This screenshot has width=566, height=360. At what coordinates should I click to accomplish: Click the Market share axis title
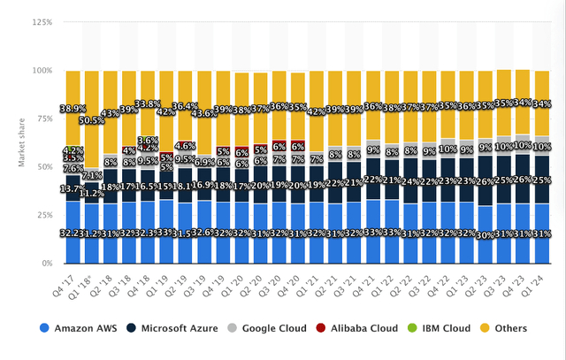[11, 142]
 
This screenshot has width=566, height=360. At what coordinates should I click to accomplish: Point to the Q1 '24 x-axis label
[540, 281]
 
